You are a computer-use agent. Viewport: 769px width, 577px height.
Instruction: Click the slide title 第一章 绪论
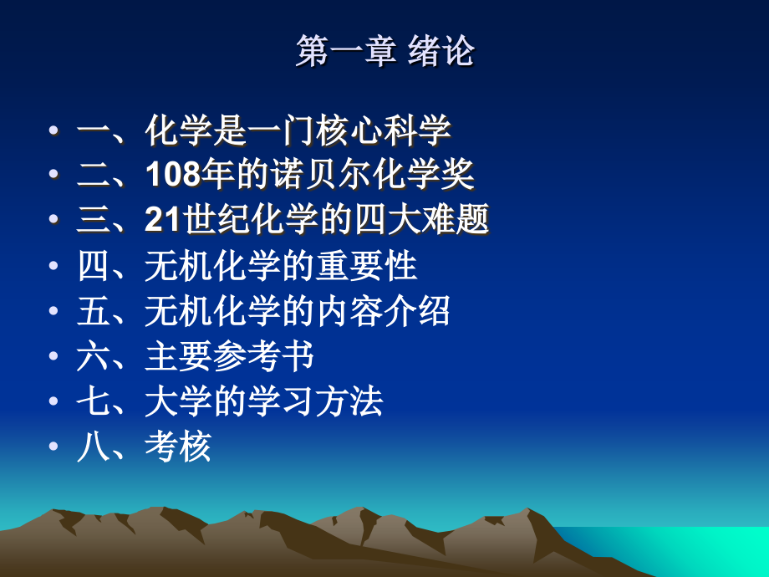click(384, 52)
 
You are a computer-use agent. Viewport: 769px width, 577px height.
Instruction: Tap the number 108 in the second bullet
click(172, 175)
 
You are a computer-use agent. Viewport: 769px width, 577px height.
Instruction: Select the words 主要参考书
click(229, 357)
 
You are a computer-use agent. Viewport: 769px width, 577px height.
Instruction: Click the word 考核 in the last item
click(178, 447)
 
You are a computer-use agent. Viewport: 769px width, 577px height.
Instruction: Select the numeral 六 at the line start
click(92, 357)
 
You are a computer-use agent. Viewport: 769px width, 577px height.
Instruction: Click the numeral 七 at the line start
click(92, 402)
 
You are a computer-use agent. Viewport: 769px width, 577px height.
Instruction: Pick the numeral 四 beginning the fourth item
click(92, 267)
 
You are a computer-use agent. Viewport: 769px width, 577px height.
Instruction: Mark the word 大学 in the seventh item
click(178, 402)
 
